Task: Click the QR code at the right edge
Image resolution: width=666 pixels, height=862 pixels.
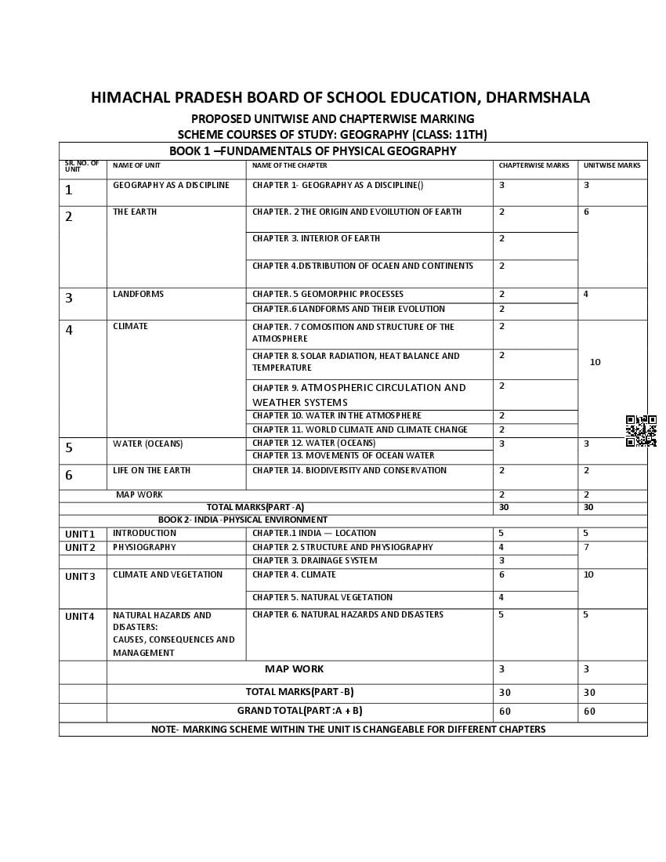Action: coord(641,431)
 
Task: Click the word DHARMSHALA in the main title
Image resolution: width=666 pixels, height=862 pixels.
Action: coord(538,98)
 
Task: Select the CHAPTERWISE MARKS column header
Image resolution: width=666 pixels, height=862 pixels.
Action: coord(534,165)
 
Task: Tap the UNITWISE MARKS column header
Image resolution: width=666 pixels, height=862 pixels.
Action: coord(612,165)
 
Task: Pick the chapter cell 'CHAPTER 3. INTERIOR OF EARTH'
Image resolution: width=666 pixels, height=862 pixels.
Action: coord(316,238)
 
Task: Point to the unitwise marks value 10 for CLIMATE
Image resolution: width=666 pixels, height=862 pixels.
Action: coord(595,362)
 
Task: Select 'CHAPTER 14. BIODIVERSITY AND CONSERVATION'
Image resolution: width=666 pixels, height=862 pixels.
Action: coord(349,470)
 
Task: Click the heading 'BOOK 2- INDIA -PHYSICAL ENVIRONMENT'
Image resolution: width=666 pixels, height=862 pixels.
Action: coord(243,520)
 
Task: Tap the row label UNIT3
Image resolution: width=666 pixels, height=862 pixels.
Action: coord(80,577)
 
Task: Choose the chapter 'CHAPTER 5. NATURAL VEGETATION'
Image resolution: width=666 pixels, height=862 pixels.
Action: coord(322,597)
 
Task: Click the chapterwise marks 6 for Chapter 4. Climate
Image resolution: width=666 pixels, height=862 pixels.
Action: coord(501,574)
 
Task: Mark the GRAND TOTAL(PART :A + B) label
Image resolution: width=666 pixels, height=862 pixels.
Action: coord(299,711)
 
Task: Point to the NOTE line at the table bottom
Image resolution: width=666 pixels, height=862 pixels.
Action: coord(348,730)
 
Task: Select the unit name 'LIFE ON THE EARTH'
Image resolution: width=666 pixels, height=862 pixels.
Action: coord(151,470)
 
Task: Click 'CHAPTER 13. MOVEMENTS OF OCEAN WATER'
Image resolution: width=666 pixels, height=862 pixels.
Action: coord(343,455)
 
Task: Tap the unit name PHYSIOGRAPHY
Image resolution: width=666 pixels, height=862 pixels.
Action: coord(144,547)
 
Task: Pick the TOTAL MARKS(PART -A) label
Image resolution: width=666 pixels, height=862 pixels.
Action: coord(255,507)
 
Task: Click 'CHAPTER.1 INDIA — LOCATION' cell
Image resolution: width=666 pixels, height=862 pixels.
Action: coord(313,533)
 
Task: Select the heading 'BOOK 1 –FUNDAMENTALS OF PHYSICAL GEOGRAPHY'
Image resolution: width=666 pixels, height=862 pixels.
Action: coord(313,151)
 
